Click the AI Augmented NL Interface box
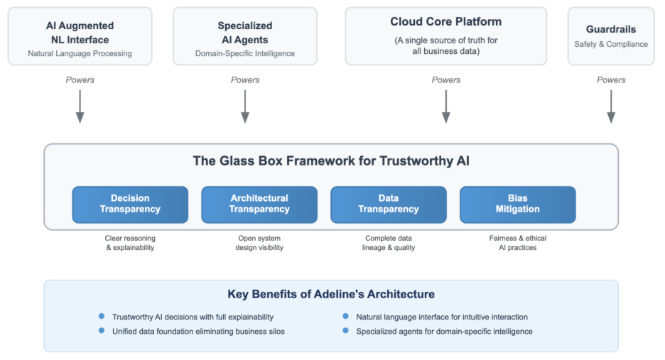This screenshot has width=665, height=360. coord(80,36)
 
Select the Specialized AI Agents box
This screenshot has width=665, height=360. coord(245,36)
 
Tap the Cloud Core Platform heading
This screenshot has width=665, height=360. coord(445,22)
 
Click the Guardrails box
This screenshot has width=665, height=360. coord(610,36)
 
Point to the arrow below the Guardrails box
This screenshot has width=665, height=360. coord(610,107)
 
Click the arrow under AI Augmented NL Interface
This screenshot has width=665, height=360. coord(80,107)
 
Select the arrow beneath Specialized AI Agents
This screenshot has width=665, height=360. coord(245,107)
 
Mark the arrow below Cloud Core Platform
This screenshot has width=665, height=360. coord(445,107)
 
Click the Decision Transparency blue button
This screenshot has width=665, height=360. coord(130,204)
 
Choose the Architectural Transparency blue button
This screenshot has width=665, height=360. coord(259,204)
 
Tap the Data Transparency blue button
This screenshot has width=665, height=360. coord(389,204)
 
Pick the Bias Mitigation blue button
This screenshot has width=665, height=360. coord(518,204)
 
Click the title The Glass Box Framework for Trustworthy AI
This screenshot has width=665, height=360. coord(331,161)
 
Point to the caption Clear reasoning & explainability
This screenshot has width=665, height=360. coord(130,243)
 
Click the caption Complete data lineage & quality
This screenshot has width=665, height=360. coord(389,243)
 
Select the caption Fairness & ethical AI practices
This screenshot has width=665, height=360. coord(518,243)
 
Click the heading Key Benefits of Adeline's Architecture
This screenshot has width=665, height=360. coord(331,294)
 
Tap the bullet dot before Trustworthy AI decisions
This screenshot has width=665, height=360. coord(102,316)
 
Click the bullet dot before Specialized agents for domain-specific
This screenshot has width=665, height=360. coord(346,331)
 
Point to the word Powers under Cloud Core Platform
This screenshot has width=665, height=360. coord(445,80)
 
